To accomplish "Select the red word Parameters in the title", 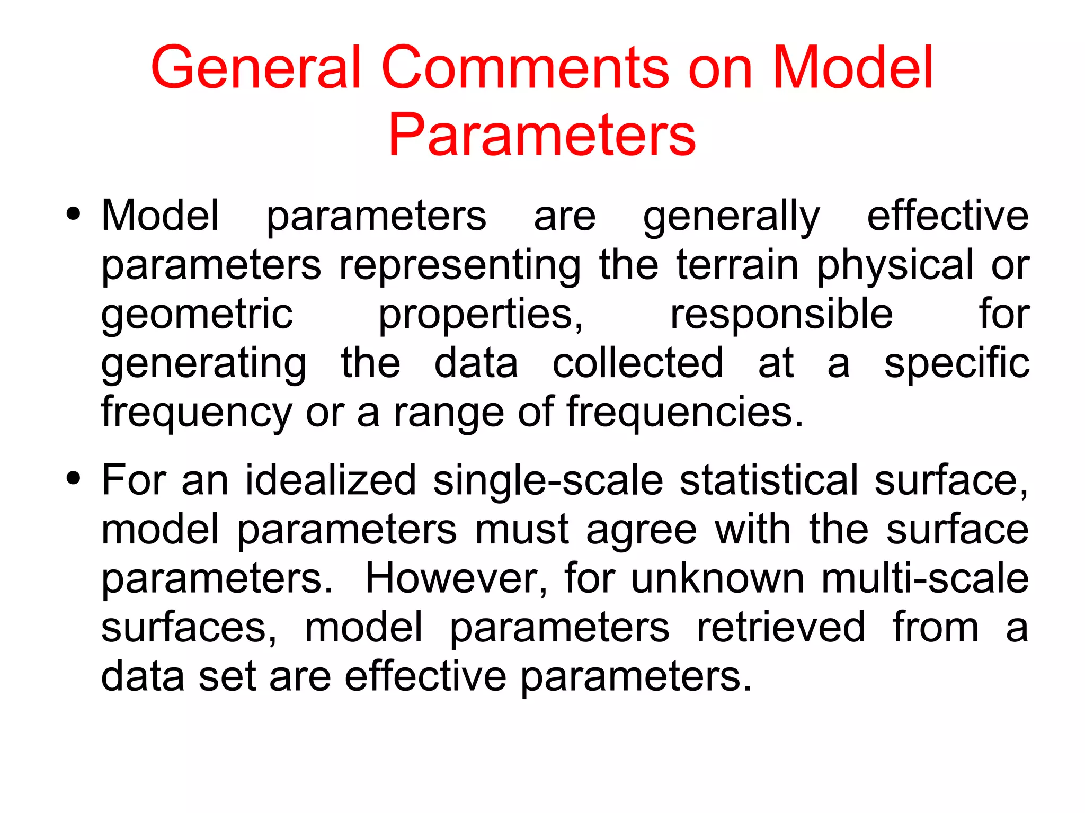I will pos(542,135).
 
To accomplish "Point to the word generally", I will pos(731,217).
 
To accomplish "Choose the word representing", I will pos(460,266).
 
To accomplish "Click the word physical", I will pos(895,266).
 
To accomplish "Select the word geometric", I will pos(197,315).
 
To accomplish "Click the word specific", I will pos(957,364).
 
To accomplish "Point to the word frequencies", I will pos(685,413).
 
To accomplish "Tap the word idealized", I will pos(331,480).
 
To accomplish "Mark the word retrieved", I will pos(781,628).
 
